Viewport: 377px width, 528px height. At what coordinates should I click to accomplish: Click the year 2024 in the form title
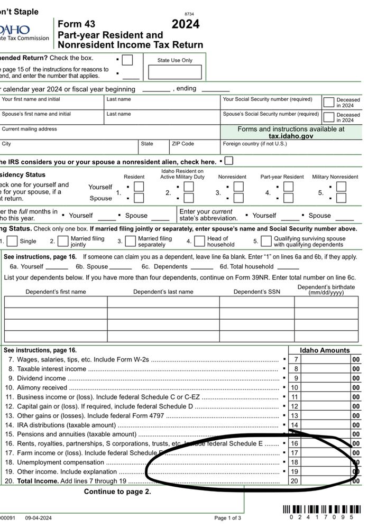click(x=186, y=24)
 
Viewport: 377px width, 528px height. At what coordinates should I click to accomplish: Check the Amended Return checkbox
click(x=127, y=60)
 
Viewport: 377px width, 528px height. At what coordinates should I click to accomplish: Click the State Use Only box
click(x=175, y=72)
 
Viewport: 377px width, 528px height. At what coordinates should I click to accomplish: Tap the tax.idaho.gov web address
click(x=291, y=136)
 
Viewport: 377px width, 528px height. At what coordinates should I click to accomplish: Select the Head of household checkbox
click(x=199, y=242)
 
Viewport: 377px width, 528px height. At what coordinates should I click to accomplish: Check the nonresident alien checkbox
click(x=229, y=161)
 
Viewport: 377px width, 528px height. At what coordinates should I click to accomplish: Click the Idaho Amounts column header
click(x=325, y=350)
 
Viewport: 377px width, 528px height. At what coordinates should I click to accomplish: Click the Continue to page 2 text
click(x=117, y=492)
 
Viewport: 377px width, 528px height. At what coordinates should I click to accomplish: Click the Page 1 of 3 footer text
click(x=227, y=517)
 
